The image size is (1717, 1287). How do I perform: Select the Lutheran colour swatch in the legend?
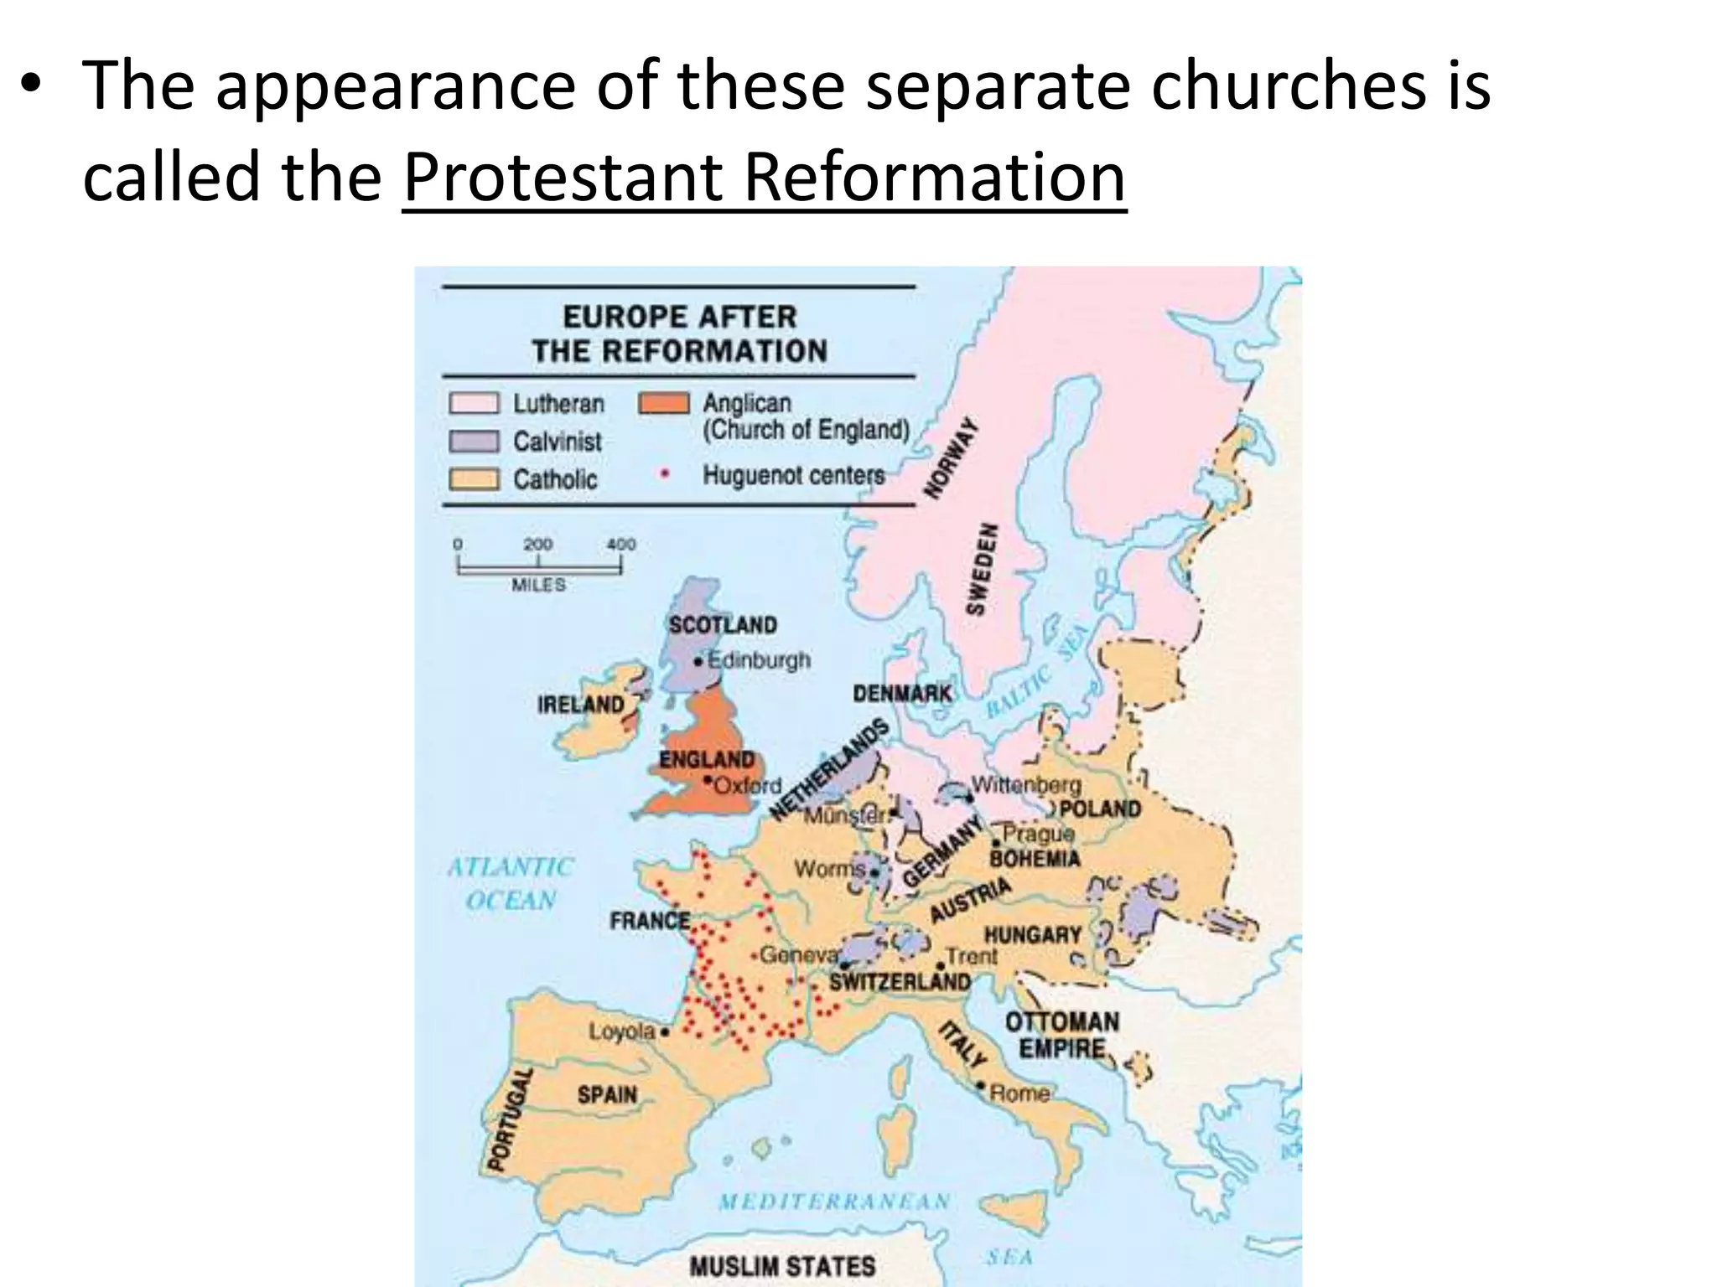tap(474, 403)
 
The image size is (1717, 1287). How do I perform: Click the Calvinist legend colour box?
tap(474, 442)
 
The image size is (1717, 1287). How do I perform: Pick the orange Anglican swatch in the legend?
tap(664, 403)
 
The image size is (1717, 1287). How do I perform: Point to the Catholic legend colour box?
tap(474, 479)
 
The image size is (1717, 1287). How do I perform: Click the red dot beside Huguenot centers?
tap(665, 474)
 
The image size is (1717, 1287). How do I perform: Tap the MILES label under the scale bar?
tap(538, 584)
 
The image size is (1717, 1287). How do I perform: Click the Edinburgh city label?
tap(759, 660)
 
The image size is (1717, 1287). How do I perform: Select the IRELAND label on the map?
tap(581, 704)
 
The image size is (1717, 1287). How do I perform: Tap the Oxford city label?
tap(747, 786)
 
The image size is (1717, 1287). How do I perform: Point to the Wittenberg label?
tap(1026, 785)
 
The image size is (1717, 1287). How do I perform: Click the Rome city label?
tap(1019, 1093)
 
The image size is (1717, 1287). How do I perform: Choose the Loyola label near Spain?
tap(621, 1031)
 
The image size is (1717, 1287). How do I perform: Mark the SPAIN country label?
tap(607, 1094)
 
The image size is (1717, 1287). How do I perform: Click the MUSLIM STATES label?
tap(782, 1265)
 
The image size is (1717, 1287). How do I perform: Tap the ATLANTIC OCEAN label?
tap(511, 883)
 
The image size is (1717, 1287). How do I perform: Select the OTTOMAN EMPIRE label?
tap(1061, 1035)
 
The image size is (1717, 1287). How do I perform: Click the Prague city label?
tap(1038, 834)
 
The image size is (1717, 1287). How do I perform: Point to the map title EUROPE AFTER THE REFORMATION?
tap(679, 333)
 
